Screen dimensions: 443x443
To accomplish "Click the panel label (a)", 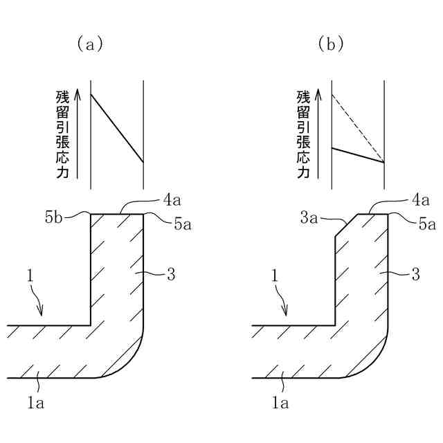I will (90, 44).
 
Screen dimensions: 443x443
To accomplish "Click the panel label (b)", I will (331, 44).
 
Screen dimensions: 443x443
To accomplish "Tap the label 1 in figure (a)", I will (30, 277).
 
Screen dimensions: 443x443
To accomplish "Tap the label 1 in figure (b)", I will (274, 277).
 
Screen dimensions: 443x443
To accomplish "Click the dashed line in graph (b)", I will (357, 127).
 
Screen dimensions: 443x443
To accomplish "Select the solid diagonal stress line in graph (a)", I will (117, 127).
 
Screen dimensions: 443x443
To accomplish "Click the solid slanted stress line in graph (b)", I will (358, 155).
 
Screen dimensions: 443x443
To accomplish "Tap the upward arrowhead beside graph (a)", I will (77, 93).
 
